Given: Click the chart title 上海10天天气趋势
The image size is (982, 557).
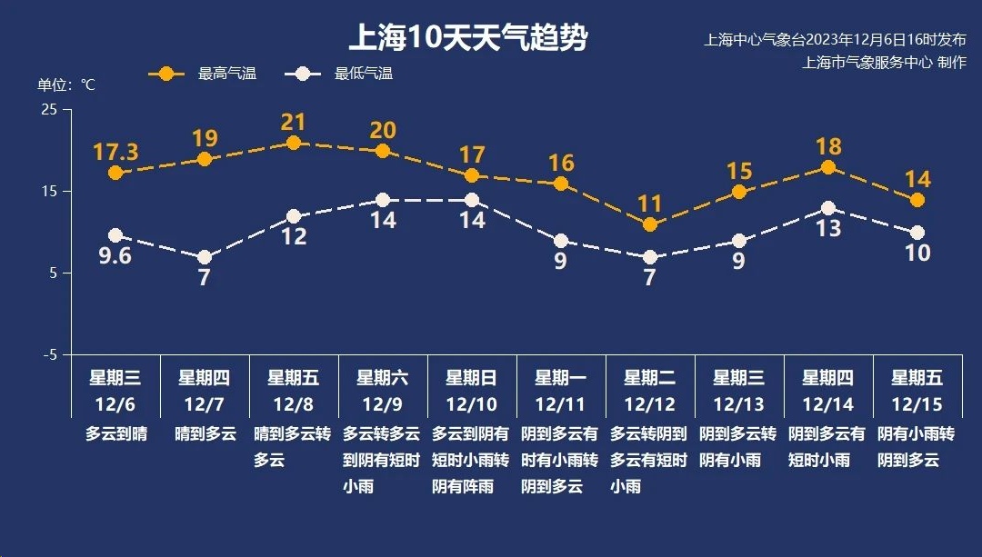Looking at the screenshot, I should (x=468, y=38).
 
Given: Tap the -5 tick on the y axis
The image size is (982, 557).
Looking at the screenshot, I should (x=49, y=354).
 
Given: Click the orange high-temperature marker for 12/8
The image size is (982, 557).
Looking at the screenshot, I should (x=294, y=143).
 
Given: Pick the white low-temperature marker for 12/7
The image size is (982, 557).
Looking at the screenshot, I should (x=205, y=257).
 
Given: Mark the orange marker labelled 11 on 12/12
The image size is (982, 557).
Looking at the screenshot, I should (x=649, y=224).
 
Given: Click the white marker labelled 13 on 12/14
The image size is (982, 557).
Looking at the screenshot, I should (x=828, y=208).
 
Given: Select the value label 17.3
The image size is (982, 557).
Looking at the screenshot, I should (x=115, y=152).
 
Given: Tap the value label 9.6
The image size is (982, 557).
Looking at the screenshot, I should (x=115, y=256).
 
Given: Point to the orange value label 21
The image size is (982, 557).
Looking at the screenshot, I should (x=294, y=122).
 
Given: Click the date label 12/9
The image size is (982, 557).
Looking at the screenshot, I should (x=382, y=403).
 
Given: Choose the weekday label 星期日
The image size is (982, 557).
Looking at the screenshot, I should (x=471, y=377).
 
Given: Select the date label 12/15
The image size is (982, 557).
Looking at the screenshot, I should (x=917, y=403).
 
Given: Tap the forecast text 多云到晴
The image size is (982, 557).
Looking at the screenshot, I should (x=115, y=433).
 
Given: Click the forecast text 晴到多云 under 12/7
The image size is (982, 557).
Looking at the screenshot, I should (x=205, y=433).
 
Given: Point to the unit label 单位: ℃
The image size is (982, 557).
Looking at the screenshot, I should (x=65, y=85).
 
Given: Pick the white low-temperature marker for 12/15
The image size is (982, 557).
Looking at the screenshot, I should (x=917, y=233).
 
